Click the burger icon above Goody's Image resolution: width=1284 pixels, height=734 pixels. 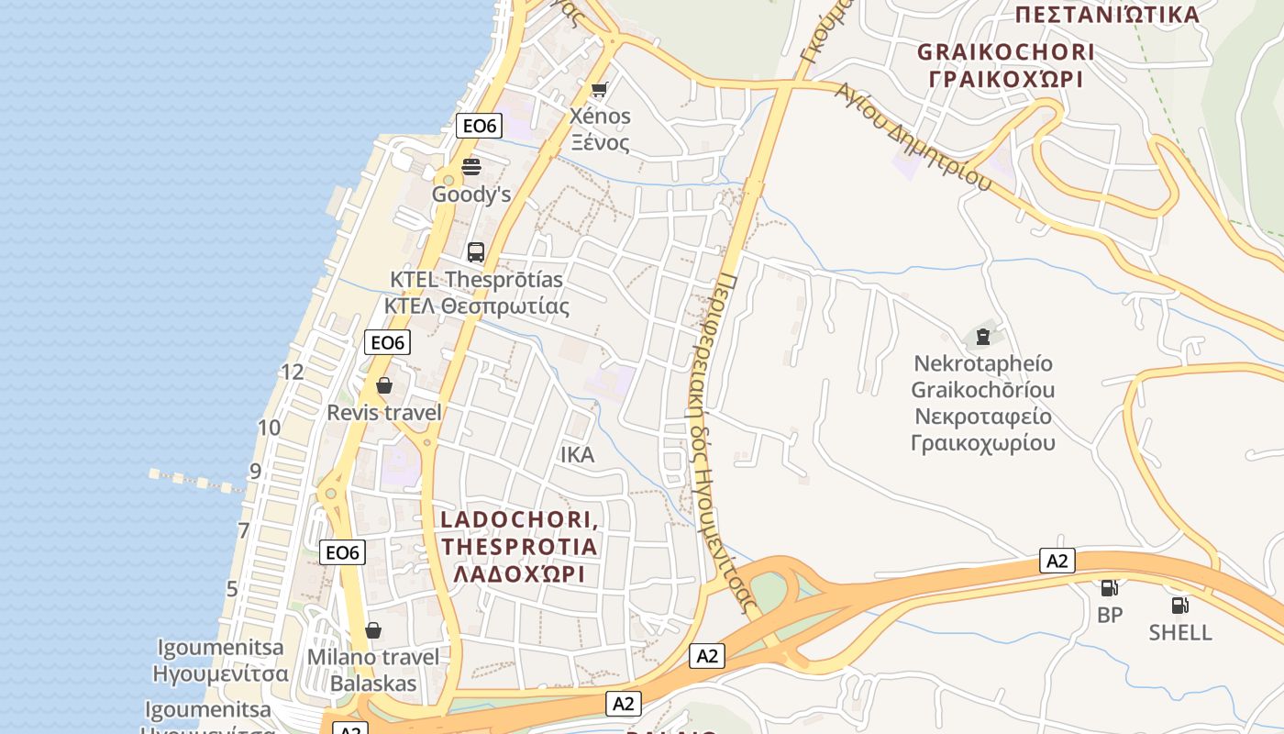tap(471, 166)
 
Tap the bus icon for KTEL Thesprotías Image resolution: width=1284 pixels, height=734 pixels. tap(475, 251)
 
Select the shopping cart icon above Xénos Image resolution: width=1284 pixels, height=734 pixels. tap(600, 89)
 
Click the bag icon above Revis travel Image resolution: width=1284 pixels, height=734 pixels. tap(384, 385)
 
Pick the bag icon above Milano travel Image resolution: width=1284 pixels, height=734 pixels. tap(372, 630)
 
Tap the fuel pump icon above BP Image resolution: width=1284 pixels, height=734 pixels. tap(1109, 587)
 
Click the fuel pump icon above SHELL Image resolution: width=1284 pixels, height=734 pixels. tap(1179, 605)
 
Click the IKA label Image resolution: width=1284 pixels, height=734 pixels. tap(578, 455)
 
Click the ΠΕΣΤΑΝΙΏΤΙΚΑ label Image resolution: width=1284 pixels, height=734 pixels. tap(1108, 15)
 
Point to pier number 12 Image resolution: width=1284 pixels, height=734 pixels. tap(293, 372)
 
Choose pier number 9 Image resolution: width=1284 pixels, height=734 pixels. tap(255, 472)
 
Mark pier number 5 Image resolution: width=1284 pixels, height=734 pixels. tap(232, 589)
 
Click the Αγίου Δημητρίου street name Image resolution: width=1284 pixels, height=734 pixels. tap(913, 138)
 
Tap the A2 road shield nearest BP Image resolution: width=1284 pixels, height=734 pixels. tap(1057, 561)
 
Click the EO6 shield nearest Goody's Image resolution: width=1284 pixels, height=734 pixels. tap(479, 126)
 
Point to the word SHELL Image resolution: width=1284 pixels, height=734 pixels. tap(1180, 632)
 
